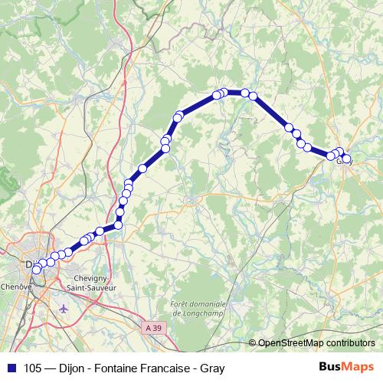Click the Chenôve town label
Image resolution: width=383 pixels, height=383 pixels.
point(16,285)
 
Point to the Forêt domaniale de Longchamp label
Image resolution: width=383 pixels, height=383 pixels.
point(201,307)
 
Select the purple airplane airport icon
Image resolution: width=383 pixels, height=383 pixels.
point(63,308)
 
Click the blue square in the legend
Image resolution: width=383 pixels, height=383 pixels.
point(11,367)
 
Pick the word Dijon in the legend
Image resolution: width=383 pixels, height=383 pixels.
point(77,367)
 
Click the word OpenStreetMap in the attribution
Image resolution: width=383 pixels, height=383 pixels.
point(290,342)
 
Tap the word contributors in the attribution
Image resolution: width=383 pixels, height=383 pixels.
point(350,342)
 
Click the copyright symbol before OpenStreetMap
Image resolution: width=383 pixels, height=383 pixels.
point(253,342)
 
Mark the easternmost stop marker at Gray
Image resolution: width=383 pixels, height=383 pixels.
point(347,159)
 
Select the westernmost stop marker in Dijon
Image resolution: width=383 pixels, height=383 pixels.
point(36,269)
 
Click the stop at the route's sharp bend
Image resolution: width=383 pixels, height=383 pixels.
point(119,225)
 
